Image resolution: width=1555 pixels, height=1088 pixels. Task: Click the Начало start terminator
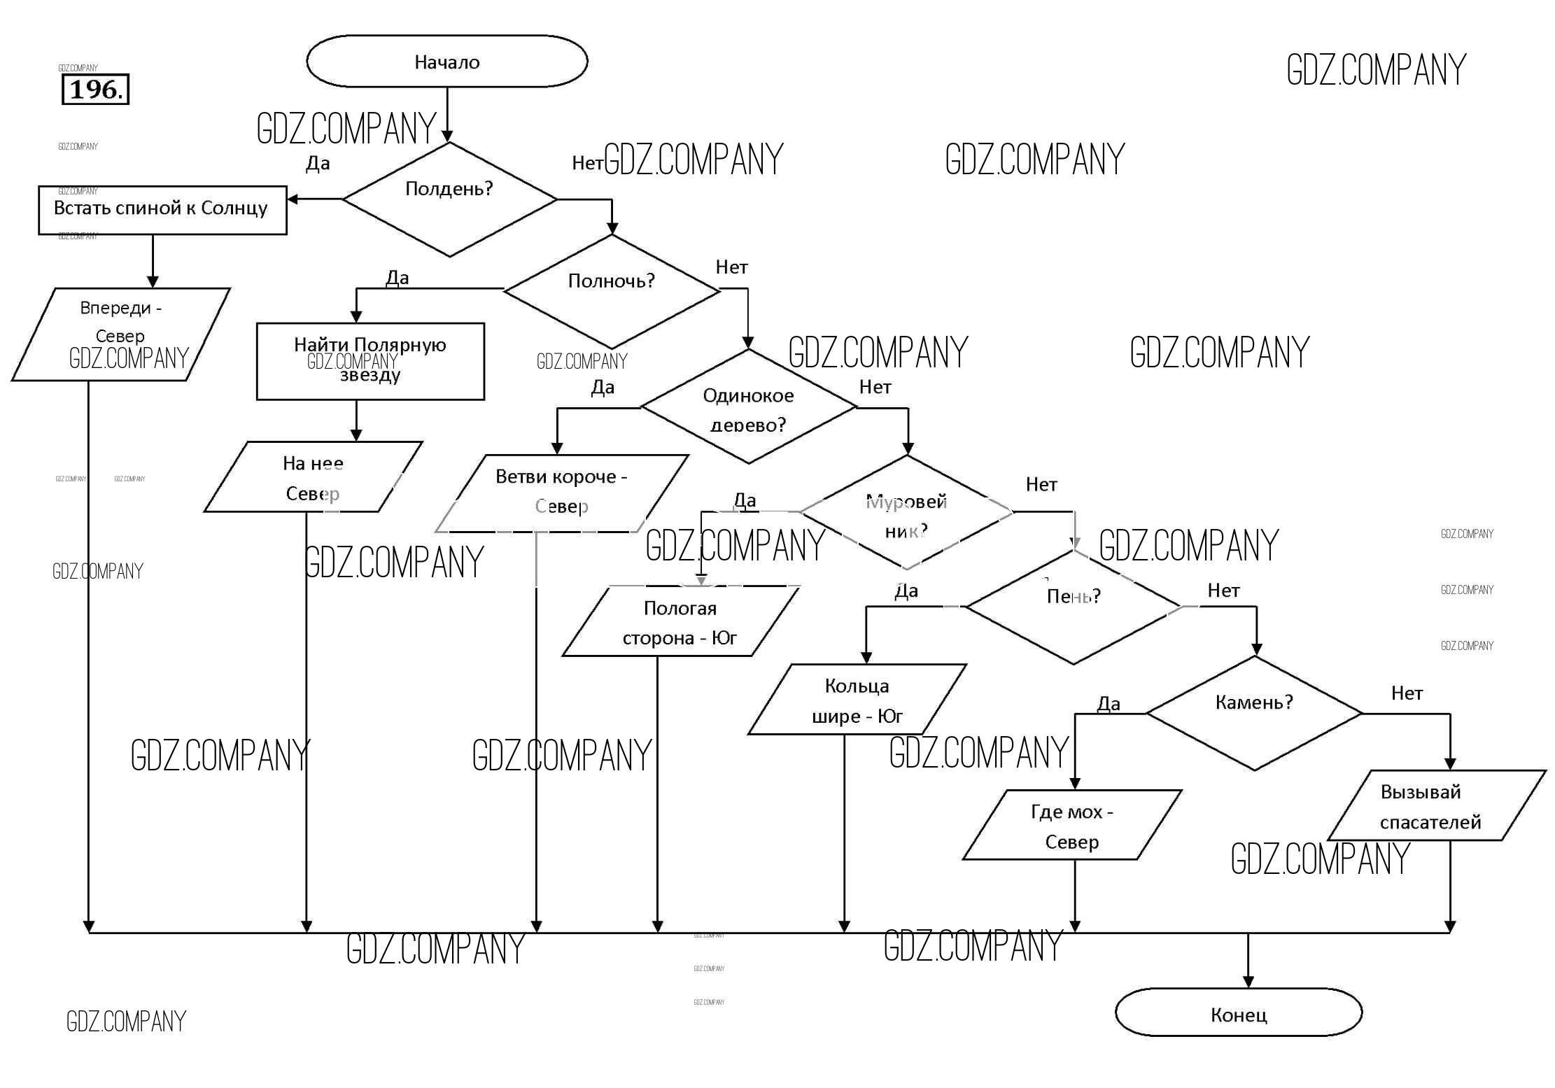coord(446,62)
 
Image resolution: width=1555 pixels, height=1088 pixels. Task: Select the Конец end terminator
coord(1238,1012)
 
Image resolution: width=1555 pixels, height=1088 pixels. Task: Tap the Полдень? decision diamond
coord(449,199)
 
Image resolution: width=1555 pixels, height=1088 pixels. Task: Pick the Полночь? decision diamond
coord(611,290)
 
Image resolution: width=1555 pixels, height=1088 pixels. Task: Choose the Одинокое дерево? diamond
coord(748,407)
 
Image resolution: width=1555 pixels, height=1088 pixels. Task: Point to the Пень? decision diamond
coord(1074,607)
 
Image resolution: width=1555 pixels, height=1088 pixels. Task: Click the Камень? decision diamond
coord(1254,713)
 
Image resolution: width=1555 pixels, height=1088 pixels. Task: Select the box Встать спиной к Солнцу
coord(162,210)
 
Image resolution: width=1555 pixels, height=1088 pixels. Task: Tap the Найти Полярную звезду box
coord(370,361)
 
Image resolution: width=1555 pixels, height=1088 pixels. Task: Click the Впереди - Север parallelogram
coord(120,334)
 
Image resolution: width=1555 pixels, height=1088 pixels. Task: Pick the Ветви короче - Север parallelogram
coord(561,493)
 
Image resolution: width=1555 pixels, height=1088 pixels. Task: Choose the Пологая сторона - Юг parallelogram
coord(680,621)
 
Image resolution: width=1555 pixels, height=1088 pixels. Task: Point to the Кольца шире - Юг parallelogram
coord(857,700)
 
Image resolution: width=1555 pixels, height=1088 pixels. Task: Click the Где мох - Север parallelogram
coord(1072,825)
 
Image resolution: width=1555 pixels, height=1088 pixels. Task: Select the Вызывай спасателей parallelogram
coord(1436,805)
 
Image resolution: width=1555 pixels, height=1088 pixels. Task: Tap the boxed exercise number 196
coord(96,90)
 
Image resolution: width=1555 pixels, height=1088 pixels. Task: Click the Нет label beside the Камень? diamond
coord(1407,693)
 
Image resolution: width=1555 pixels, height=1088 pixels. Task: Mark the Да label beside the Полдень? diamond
coord(318,164)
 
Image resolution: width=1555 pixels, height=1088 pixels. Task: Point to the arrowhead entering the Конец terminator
coord(1248,982)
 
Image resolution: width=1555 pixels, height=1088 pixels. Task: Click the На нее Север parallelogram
coord(313,477)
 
